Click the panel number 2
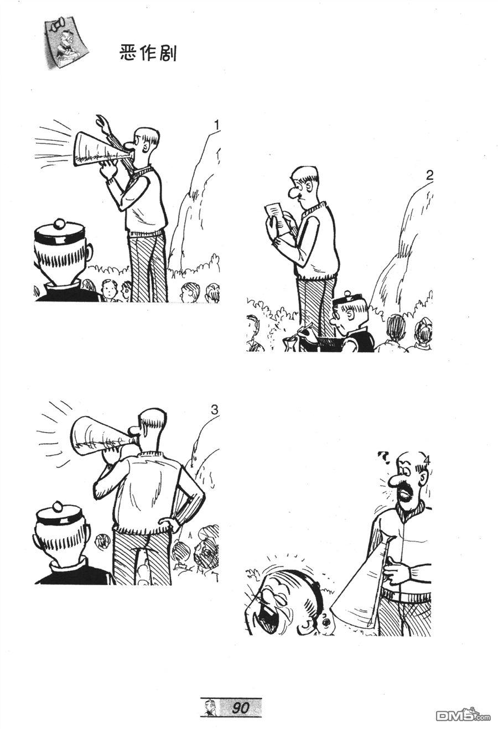(429, 176)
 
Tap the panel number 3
(214, 410)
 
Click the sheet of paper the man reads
(277, 216)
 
